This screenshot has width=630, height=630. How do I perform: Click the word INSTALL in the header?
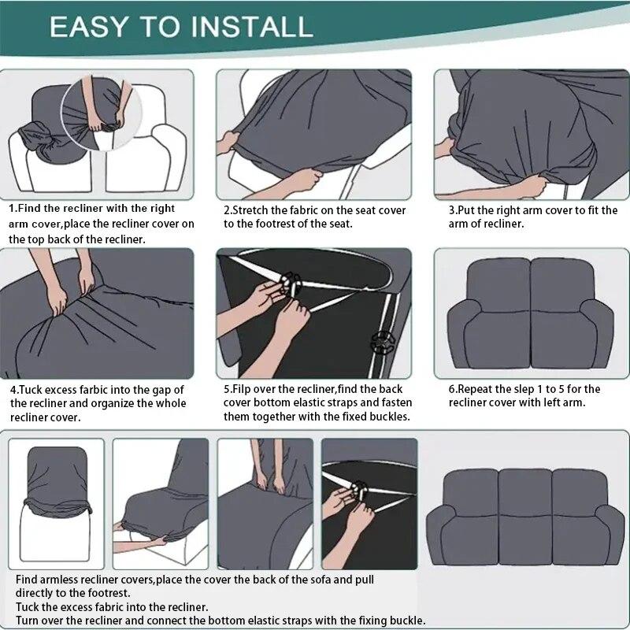point(251,28)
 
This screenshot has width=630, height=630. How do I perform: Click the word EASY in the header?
point(88,28)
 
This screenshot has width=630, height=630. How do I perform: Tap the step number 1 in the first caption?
point(12,209)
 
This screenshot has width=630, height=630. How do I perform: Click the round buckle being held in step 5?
point(291,283)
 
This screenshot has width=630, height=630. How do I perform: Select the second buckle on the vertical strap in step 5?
point(383,343)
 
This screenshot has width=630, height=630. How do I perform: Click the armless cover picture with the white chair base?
point(56,504)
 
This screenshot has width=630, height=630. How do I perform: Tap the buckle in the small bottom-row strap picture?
point(358,491)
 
